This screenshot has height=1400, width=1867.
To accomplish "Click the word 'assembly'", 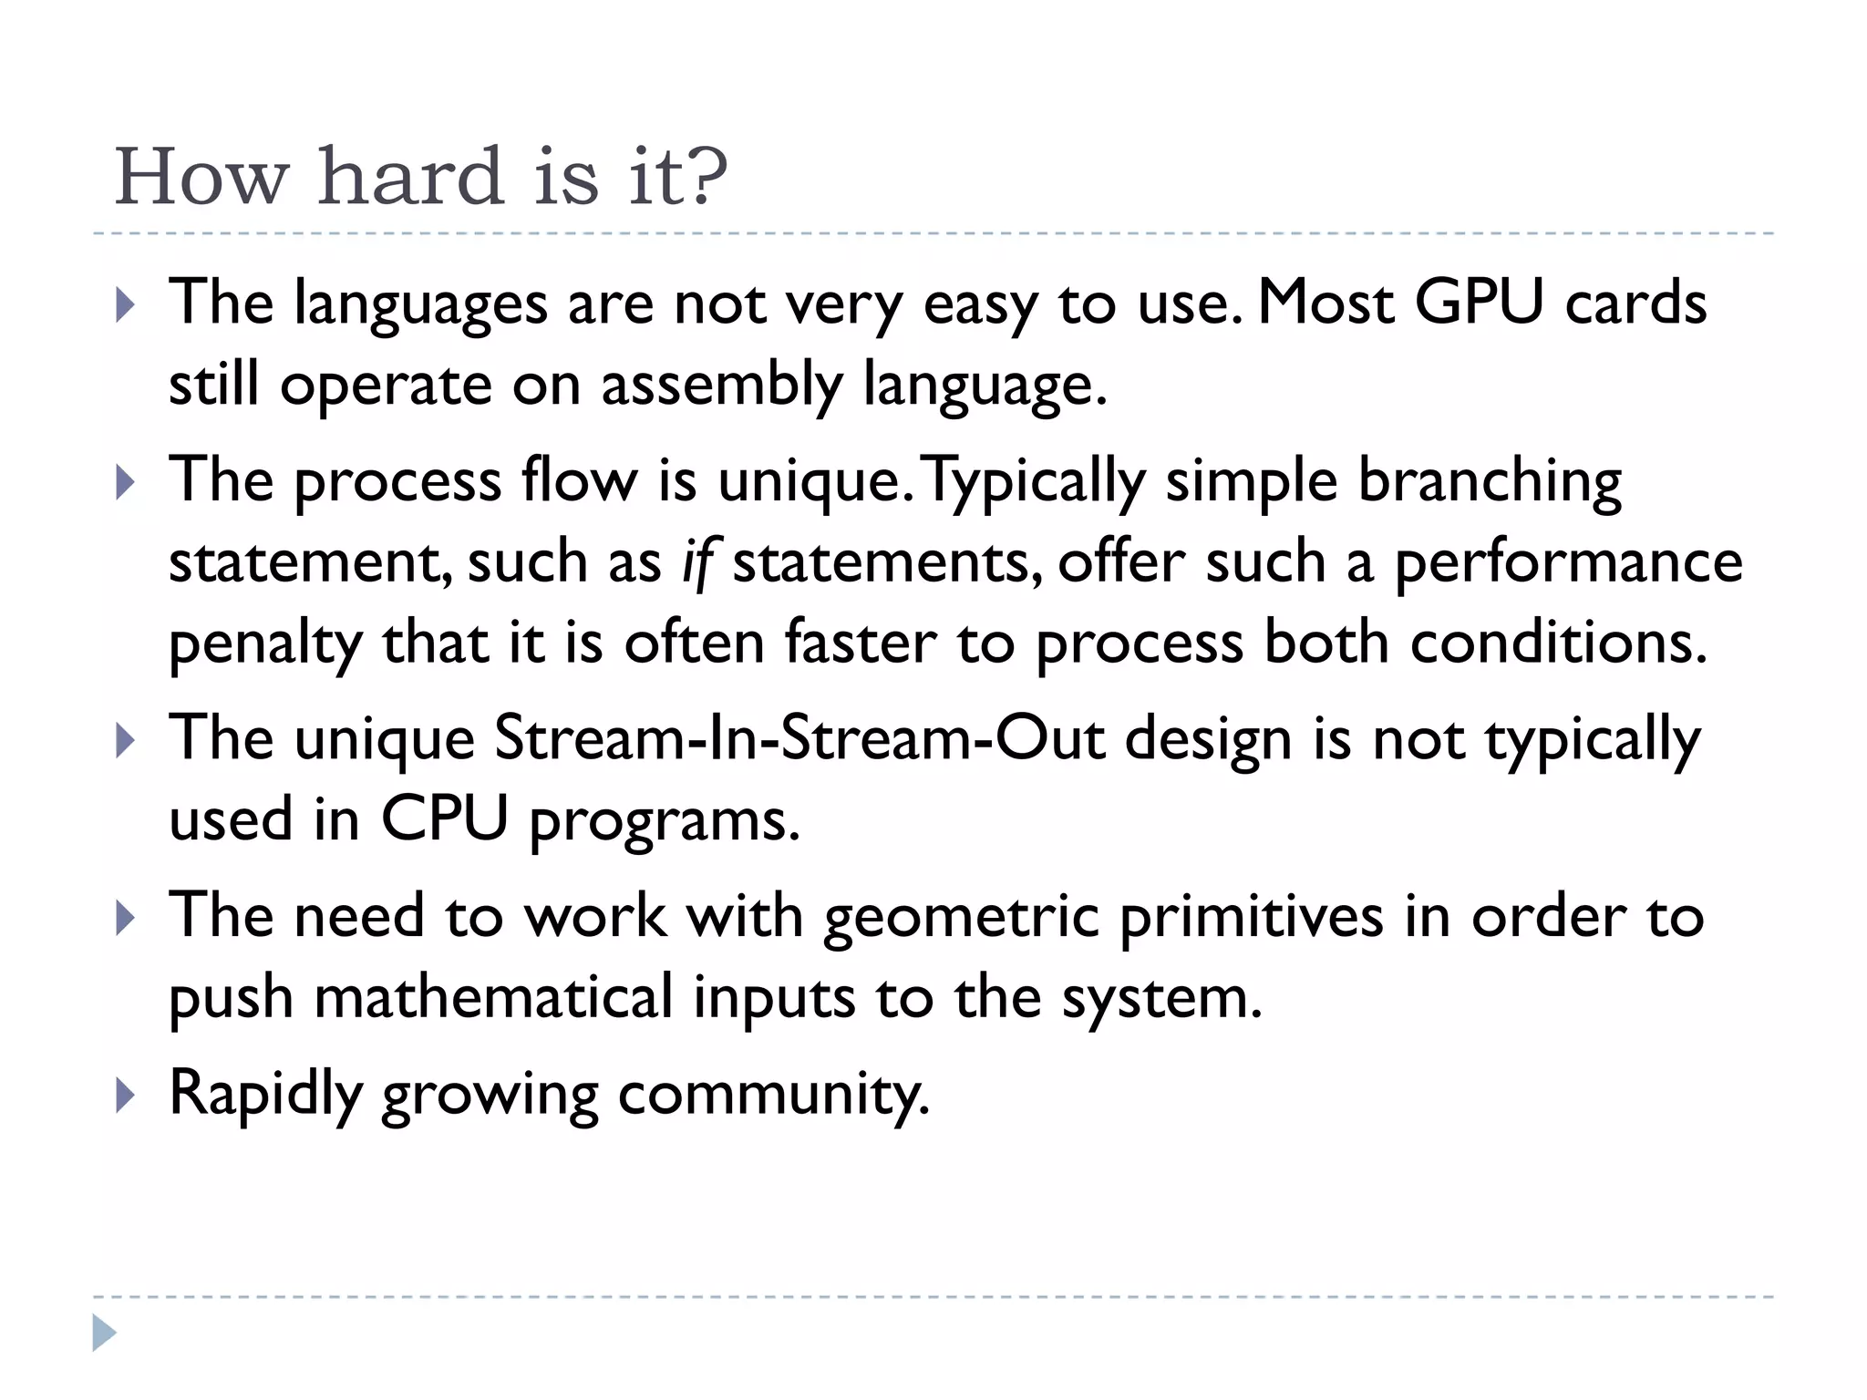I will pyautogui.click(x=721, y=384).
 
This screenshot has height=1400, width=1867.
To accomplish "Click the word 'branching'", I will pyautogui.click(x=1490, y=480).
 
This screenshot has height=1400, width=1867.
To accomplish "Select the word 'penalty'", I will pyautogui.click(x=265, y=643).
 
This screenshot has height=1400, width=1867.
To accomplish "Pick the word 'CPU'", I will pyautogui.click(x=444, y=818).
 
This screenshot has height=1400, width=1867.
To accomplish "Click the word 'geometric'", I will pyautogui.click(x=961, y=916).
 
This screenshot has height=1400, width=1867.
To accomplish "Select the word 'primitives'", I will pyautogui.click(x=1251, y=916).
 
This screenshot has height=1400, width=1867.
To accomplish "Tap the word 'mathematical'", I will pyautogui.click(x=493, y=997).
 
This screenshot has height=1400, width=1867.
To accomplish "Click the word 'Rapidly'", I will pyautogui.click(x=265, y=1093).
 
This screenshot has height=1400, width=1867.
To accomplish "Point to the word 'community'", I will pyautogui.click(x=772, y=1093).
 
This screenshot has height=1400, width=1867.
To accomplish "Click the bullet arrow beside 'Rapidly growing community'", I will pyautogui.click(x=126, y=1096).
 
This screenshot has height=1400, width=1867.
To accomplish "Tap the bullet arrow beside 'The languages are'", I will pyautogui.click(x=126, y=305).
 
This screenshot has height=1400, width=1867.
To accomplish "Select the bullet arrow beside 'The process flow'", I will pyautogui.click(x=126, y=483).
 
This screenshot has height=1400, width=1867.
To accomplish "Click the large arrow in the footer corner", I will pyautogui.click(x=105, y=1333).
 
